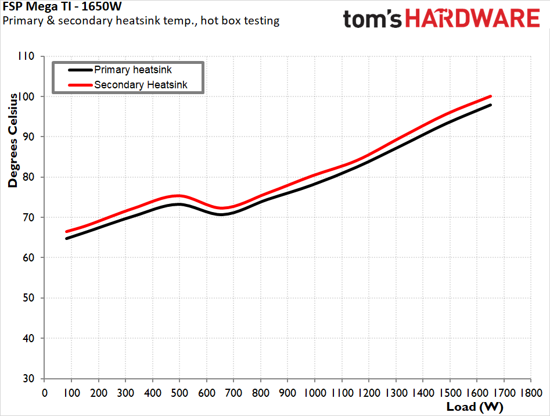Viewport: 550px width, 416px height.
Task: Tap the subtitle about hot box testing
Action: click(141, 21)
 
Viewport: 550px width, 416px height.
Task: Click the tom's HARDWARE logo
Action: click(441, 19)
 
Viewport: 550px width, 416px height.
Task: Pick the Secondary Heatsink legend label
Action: click(149, 85)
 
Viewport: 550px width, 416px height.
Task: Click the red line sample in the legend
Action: click(80, 85)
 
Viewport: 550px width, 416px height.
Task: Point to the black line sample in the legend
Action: click(80, 70)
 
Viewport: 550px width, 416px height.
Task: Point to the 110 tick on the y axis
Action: click(26, 56)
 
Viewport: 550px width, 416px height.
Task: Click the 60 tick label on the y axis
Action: click(28, 257)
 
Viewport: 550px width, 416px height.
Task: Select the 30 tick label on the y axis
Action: click(28, 378)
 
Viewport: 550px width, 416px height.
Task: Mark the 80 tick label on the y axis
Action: click(28, 177)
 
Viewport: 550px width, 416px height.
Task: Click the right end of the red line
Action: click(491, 96)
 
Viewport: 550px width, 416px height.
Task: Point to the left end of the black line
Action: click(67, 238)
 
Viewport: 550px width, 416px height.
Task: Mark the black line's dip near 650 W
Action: click(221, 214)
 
